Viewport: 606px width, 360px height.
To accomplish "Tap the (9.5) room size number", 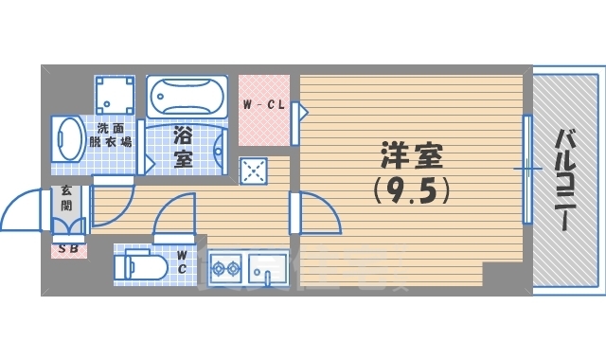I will [x=412, y=191].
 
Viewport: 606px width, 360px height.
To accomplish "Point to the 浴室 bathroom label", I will [x=183, y=147].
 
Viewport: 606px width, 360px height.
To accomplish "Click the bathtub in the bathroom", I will [x=187, y=97].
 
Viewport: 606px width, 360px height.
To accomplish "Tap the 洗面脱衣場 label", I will [x=111, y=135].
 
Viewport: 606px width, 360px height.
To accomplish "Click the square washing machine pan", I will [x=115, y=95].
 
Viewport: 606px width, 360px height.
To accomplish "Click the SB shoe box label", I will [x=68, y=249].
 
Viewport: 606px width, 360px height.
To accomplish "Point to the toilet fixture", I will [x=137, y=266].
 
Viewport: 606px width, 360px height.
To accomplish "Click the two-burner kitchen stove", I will [x=225, y=269].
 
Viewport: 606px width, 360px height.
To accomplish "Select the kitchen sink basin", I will [x=268, y=269].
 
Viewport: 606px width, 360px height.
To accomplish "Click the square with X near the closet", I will [x=253, y=171].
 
